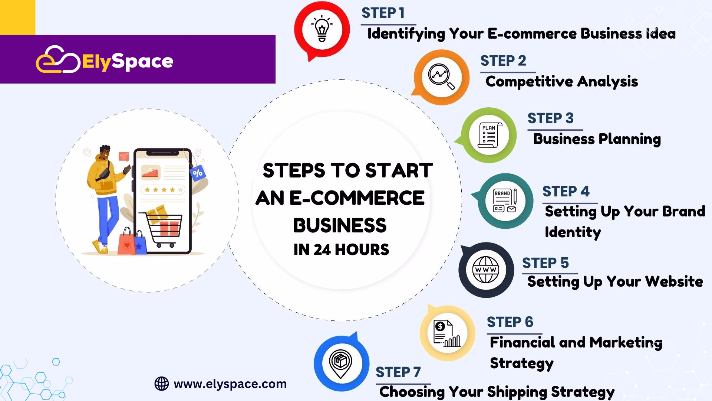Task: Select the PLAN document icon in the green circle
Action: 489,135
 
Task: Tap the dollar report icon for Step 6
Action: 447,333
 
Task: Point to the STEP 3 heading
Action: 550,118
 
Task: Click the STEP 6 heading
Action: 510,322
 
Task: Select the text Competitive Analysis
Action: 561,82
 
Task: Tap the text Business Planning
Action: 597,139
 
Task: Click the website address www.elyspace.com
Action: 230,384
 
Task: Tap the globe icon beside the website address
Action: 161,384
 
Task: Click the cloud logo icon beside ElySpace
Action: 58,59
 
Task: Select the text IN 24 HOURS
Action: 341,250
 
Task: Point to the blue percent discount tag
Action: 197,173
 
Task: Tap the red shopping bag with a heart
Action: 126,241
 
